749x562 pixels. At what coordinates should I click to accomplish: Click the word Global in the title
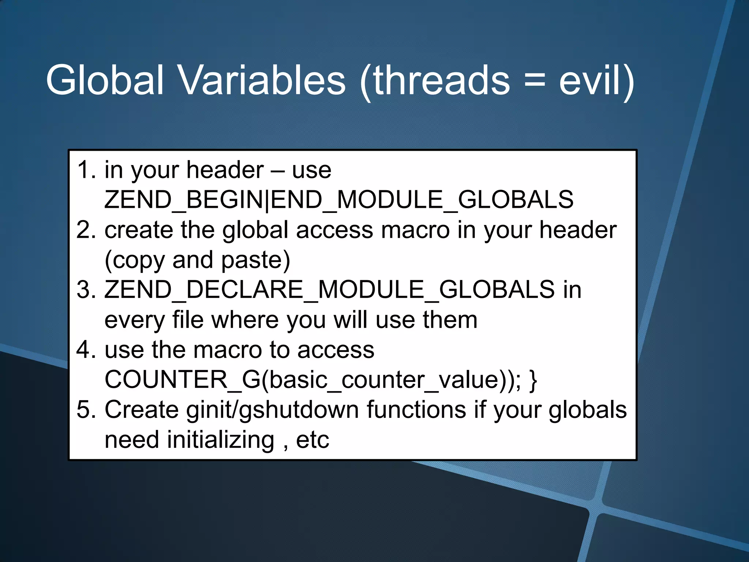[105, 80]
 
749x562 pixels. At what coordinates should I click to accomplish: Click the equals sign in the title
[534, 82]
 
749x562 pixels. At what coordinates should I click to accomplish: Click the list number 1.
[86, 170]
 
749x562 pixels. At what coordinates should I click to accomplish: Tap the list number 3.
[86, 290]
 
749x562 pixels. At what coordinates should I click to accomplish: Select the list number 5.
[86, 409]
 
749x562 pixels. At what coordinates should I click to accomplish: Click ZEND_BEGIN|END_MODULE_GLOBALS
[339, 200]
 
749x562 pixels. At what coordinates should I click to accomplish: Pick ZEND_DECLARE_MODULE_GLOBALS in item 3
[329, 290]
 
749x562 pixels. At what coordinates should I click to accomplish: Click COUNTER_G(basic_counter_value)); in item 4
[313, 380]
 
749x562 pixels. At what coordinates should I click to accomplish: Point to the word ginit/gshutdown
[272, 410]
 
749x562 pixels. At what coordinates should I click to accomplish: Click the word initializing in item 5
[221, 440]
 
